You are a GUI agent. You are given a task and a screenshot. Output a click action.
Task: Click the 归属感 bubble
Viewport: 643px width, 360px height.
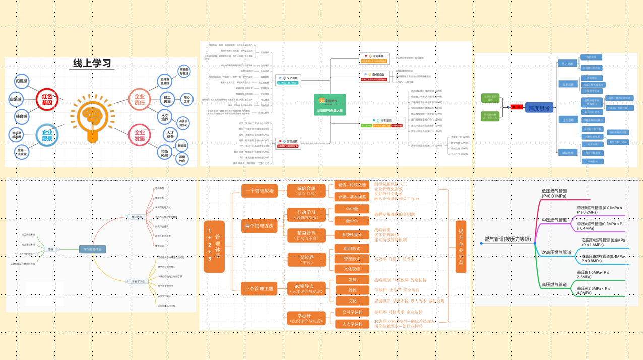coord(22,81)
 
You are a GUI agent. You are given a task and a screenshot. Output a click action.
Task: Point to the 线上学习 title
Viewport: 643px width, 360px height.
coord(93,64)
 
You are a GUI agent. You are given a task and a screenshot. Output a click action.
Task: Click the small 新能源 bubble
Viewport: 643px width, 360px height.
coord(182,146)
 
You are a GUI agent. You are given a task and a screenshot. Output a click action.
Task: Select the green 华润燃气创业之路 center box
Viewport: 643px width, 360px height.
coord(330,105)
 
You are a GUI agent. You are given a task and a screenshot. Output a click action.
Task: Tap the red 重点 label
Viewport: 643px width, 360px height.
coord(516,107)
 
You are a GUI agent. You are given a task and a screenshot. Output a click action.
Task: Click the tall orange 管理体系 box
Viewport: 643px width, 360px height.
coord(214,247)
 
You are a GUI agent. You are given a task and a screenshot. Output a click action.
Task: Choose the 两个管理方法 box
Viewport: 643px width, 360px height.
coord(260,226)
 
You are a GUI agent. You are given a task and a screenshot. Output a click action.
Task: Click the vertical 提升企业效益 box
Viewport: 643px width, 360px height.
coord(461,247)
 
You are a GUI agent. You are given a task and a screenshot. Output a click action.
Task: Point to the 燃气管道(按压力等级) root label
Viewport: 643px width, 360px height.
coord(507,239)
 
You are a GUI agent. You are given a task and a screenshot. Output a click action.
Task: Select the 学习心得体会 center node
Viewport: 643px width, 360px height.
coord(92,249)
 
